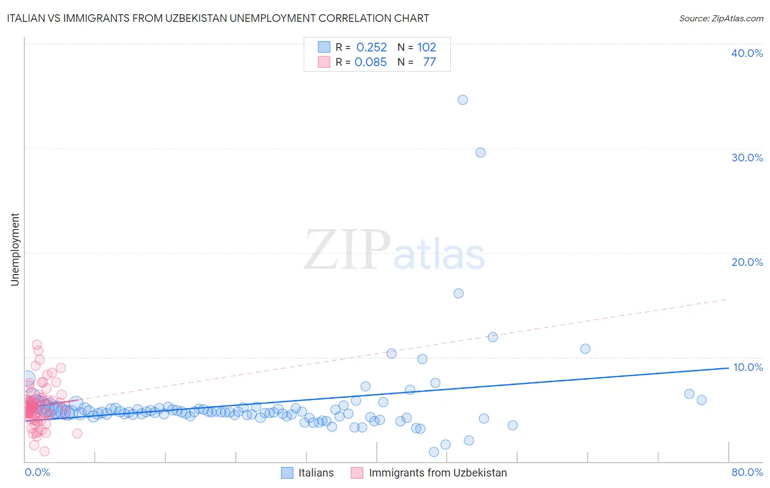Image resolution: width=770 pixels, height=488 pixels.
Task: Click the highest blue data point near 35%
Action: coord(463,100)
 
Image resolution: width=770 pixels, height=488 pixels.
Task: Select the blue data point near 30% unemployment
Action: coord(480,153)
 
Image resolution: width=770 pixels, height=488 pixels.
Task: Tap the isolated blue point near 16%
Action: coord(459,293)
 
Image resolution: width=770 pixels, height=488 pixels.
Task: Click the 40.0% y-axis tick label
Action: coord(747,53)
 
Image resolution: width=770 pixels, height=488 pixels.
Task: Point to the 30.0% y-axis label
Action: coord(747,158)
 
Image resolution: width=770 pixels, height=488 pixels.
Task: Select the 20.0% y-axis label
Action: coord(747,262)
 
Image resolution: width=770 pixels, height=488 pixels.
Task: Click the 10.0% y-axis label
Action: coord(748,367)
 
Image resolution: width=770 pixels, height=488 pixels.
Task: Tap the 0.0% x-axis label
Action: coord(37,472)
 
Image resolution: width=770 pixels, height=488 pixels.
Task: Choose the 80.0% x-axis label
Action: coord(747,472)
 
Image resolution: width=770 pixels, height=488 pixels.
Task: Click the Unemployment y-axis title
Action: coord(15,249)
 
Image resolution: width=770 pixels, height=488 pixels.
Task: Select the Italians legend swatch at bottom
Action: coord(288,473)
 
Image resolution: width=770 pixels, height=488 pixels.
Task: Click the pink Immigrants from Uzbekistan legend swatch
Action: coord(357,473)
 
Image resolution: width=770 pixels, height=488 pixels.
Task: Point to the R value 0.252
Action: coord(371,47)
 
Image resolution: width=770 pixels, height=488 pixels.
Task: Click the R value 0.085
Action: coord(371,62)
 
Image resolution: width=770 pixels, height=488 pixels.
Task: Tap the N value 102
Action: coord(427,47)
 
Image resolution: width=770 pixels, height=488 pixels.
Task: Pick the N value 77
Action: coord(429,62)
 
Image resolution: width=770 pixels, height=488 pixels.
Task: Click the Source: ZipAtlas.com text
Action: coord(721,18)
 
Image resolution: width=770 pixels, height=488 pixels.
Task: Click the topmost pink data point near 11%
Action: coord(37,345)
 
